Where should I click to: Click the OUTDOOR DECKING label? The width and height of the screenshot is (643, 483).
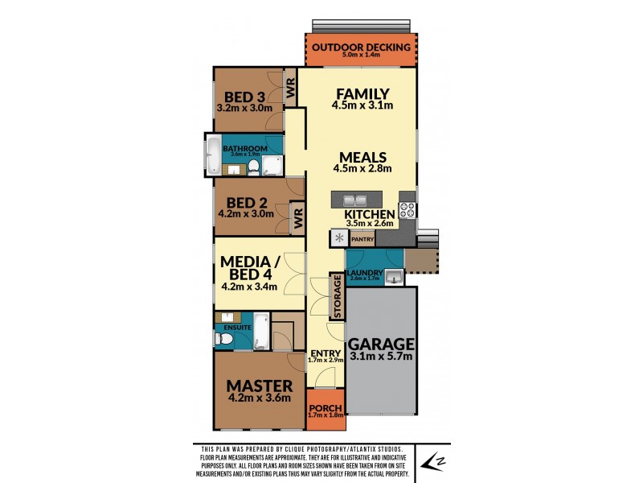[361, 47]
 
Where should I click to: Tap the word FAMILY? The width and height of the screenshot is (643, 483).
[362, 93]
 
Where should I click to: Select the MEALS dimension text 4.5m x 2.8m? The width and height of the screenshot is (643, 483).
[362, 169]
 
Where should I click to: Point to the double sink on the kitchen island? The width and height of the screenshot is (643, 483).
[354, 200]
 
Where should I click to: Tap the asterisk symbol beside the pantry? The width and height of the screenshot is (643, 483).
[339, 238]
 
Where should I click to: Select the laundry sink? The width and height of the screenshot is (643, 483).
[393, 278]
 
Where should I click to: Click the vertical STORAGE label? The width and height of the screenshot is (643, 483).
[338, 296]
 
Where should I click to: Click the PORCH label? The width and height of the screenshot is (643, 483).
[326, 407]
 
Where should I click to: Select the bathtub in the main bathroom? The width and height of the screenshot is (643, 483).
[213, 156]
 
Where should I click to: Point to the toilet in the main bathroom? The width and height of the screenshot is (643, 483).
[253, 167]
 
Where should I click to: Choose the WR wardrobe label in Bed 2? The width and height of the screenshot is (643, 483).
[297, 217]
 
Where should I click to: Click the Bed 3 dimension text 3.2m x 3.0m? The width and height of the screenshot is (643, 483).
[245, 107]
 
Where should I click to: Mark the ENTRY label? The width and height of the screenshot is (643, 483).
[326, 353]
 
